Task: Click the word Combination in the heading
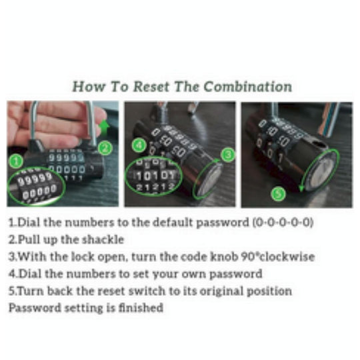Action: (248, 87)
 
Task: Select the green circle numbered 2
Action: (103, 147)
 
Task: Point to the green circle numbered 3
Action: (227, 155)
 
